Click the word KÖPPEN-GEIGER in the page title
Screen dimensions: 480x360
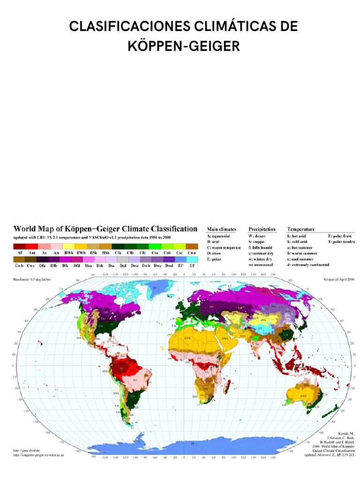[x=183, y=46]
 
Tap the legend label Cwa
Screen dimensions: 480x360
[x=191, y=252]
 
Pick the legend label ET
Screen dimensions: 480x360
[x=191, y=265]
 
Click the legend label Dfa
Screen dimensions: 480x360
[x=43, y=265]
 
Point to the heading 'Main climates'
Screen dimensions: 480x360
[x=221, y=229]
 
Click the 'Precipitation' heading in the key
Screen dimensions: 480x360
[x=262, y=229]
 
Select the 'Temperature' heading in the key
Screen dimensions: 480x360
[x=300, y=229]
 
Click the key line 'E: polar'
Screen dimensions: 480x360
[x=216, y=258]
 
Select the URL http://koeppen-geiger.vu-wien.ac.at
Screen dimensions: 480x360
[x=37, y=454]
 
